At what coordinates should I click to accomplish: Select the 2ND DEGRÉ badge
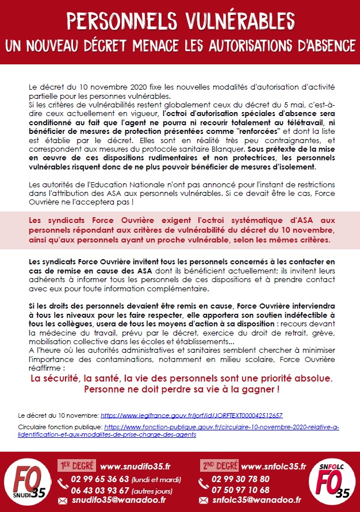coord(219,465)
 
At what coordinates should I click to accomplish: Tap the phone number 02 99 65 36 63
coord(99,479)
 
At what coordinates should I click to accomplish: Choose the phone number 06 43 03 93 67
coord(99,490)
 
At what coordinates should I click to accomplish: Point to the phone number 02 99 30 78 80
coord(240,479)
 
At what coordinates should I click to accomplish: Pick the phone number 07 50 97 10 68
coord(240,490)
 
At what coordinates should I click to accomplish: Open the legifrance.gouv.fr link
coord(192,415)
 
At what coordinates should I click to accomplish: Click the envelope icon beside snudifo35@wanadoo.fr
coord(63,501)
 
